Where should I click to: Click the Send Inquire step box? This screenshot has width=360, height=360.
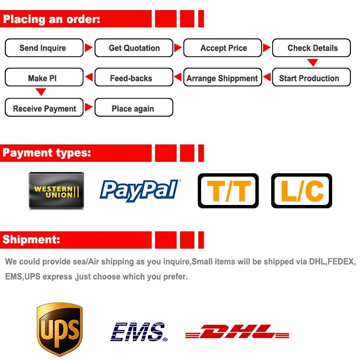pyautogui.click(x=43, y=48)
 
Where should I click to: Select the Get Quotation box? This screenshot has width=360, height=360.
pyautogui.click(x=134, y=48)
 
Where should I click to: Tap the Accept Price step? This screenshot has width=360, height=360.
pyautogui.click(x=223, y=48)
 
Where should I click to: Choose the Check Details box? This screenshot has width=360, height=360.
pyautogui.click(x=312, y=48)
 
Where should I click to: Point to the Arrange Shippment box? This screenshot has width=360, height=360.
pyautogui.click(x=222, y=78)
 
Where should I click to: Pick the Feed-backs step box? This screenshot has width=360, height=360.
pyautogui.click(x=131, y=78)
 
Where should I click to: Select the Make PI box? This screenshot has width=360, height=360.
pyautogui.click(x=43, y=78)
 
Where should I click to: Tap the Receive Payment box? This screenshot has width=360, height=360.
pyautogui.click(x=44, y=108)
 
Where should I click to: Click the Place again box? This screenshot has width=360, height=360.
pyautogui.click(x=133, y=108)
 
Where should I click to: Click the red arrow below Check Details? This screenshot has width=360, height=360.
pyautogui.click(x=312, y=63)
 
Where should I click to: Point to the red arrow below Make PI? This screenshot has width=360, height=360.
pyautogui.click(x=41, y=92)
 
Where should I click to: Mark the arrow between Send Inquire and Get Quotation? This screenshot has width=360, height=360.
pyautogui.click(x=88, y=48)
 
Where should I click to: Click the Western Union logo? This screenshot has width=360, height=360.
pyautogui.click(x=56, y=191)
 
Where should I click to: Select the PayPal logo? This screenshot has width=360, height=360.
pyautogui.click(x=140, y=190)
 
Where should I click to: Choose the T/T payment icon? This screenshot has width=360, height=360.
pyautogui.click(x=228, y=191)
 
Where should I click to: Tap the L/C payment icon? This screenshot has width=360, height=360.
pyautogui.click(x=301, y=191)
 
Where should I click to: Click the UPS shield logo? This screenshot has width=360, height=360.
pyautogui.click(x=60, y=329)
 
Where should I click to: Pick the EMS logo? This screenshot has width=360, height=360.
pyautogui.click(x=138, y=332)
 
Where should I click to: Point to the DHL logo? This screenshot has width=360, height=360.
pyautogui.click(x=237, y=332)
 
